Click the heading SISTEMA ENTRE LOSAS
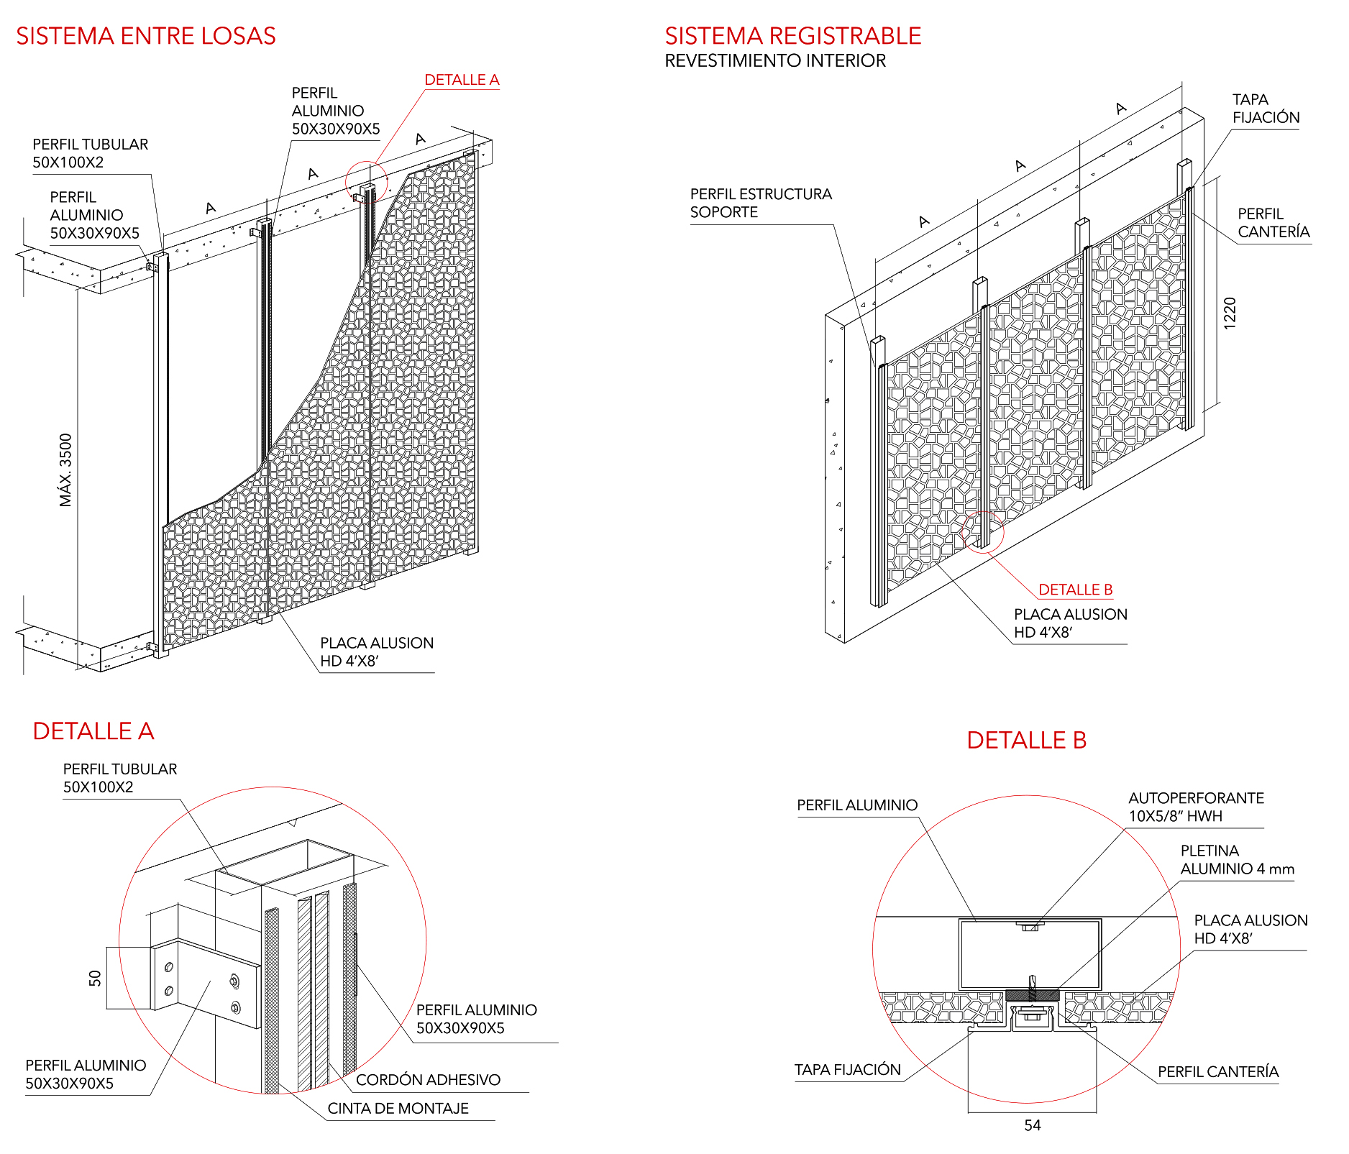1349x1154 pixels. [x=146, y=36]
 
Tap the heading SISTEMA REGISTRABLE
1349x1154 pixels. [x=792, y=36]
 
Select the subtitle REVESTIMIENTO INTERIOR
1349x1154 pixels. [x=775, y=61]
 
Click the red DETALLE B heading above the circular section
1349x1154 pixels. [x=1026, y=740]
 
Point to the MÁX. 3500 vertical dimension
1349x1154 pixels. [x=66, y=470]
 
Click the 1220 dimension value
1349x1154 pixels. [x=1230, y=313]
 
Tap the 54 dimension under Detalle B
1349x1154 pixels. [x=1033, y=1126]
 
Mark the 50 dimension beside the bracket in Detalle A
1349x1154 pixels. [x=95, y=978]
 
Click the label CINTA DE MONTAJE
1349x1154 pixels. [x=398, y=1109]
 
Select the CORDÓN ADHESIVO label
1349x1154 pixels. [x=428, y=1080]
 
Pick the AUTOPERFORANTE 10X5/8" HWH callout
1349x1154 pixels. [x=1196, y=807]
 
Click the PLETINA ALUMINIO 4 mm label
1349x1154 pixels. [x=1237, y=860]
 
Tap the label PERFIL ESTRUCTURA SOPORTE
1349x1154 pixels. [x=761, y=203]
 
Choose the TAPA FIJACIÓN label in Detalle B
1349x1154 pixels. [x=847, y=1070]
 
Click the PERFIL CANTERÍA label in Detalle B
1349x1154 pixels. [x=1218, y=1072]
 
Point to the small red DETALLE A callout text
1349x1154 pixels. [x=462, y=80]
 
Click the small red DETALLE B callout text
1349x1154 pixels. [x=1076, y=590]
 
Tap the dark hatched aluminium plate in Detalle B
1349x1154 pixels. [x=1032, y=995]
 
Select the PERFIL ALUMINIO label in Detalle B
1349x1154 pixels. [x=857, y=805]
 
